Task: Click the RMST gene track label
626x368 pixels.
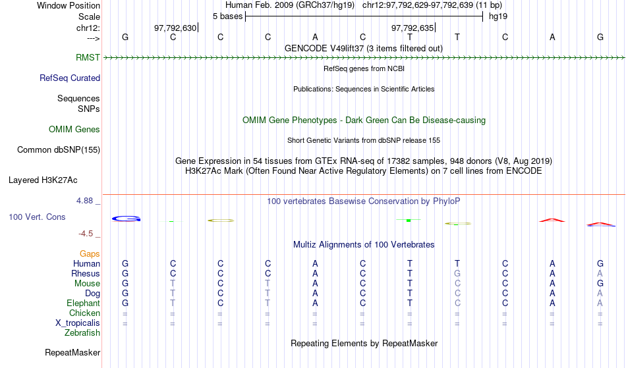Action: click(88, 57)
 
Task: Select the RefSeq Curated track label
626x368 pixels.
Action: click(70, 78)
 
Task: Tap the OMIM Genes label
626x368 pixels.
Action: click(74, 129)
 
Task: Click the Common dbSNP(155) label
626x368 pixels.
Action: click(59, 149)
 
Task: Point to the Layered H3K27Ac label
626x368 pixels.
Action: click(43, 180)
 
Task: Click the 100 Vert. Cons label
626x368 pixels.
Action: click(37, 217)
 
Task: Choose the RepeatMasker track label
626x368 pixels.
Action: click(72, 352)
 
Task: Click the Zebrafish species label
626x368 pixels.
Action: click(82, 332)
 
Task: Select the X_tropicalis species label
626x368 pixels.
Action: click(78, 323)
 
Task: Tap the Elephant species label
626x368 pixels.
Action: click(83, 303)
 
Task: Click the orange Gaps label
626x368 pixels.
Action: click(90, 254)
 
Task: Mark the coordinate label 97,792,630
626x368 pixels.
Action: click(175, 28)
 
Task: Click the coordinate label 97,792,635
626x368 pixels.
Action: click(413, 28)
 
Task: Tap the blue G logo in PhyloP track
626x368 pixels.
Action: click(126, 219)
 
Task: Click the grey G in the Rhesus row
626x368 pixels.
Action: click(457, 273)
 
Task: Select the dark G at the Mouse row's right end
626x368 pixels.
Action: click(600, 284)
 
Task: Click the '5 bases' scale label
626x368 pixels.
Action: click(227, 16)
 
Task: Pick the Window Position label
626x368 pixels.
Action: click(69, 5)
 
